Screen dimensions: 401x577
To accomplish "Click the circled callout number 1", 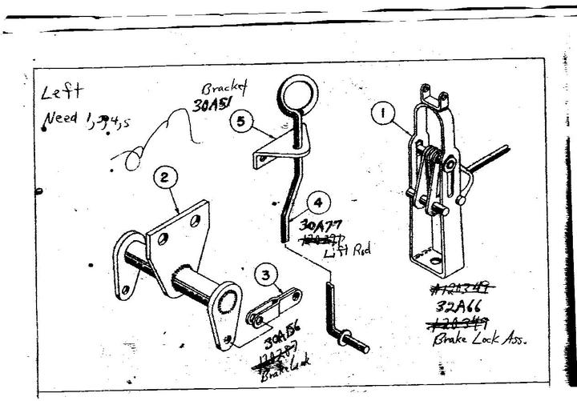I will [x=383, y=115].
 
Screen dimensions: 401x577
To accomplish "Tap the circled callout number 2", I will [x=163, y=178].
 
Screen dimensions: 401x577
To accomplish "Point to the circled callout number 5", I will [x=241, y=122].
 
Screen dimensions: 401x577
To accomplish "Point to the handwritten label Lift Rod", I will [x=345, y=253].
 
